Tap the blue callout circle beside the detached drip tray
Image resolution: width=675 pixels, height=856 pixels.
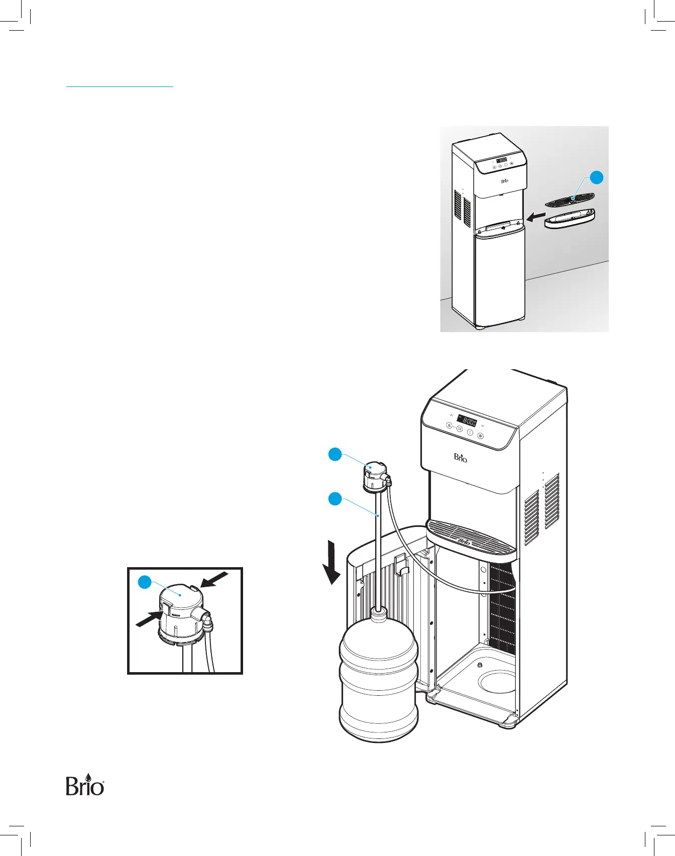(x=596, y=177)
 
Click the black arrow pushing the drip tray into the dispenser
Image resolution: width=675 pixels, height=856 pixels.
(x=536, y=217)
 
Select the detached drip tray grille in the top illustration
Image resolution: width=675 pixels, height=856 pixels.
(x=570, y=199)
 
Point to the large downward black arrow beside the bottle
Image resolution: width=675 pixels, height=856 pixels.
(x=331, y=562)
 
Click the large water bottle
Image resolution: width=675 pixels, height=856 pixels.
(x=379, y=678)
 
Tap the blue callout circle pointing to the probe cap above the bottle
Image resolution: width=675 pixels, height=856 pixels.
(x=335, y=455)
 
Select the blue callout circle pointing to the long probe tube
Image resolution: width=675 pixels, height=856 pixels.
(x=335, y=499)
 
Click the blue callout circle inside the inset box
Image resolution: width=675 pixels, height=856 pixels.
(x=145, y=582)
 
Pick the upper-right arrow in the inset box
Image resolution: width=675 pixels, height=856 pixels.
(x=214, y=579)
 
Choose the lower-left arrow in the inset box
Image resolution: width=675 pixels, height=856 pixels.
(x=149, y=619)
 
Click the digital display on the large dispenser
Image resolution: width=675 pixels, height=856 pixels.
(x=467, y=421)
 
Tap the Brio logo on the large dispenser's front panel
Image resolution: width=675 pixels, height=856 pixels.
(x=461, y=458)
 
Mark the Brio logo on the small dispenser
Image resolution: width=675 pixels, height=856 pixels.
(x=505, y=181)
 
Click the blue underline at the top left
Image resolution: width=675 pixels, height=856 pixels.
(x=120, y=87)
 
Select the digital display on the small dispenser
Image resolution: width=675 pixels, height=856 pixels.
(x=502, y=160)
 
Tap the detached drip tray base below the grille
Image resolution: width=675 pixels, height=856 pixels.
(x=570, y=219)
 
